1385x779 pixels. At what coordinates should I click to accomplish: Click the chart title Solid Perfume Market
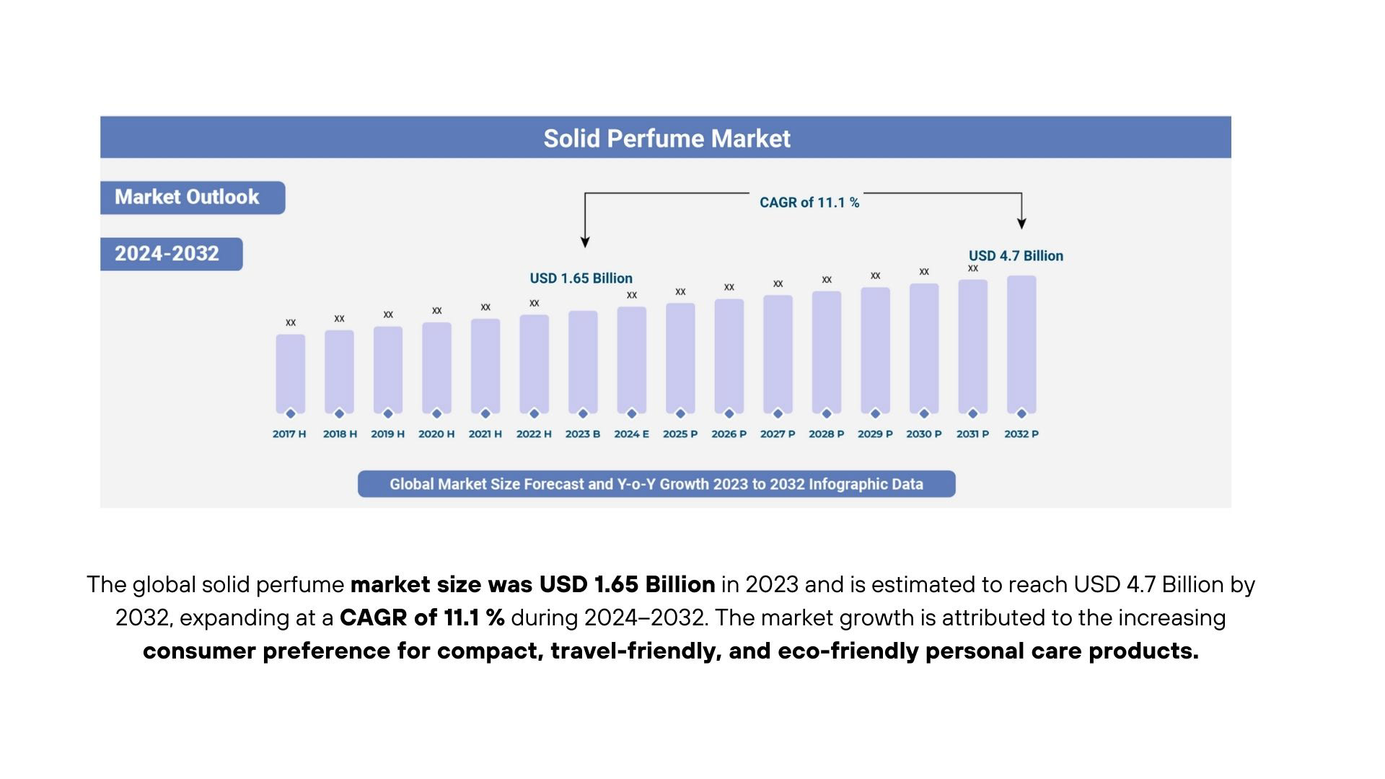tap(667, 138)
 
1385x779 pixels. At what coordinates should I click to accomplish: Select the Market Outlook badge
tap(187, 197)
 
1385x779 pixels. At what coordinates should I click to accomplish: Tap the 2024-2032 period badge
tap(167, 254)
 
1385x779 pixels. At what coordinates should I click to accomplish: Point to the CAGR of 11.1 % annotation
tap(809, 203)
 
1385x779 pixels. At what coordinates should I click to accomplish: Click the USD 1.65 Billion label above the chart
tap(581, 278)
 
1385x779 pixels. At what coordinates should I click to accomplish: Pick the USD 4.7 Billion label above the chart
tap(1016, 256)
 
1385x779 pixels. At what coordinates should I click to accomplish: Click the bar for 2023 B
tap(583, 361)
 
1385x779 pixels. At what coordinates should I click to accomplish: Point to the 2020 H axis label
tap(436, 434)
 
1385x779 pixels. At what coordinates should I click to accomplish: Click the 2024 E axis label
tap(631, 434)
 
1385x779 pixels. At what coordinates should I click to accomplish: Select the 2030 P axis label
tap(924, 434)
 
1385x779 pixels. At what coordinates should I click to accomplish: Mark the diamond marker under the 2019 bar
tap(388, 413)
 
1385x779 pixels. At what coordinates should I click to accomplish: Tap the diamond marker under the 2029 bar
tap(875, 413)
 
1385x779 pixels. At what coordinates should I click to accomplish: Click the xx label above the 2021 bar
tap(485, 307)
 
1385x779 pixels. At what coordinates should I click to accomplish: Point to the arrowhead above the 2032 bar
tap(1021, 224)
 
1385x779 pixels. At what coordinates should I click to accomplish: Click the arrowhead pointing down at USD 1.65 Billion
tap(585, 242)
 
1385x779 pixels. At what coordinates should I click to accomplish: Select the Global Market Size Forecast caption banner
tap(656, 484)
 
